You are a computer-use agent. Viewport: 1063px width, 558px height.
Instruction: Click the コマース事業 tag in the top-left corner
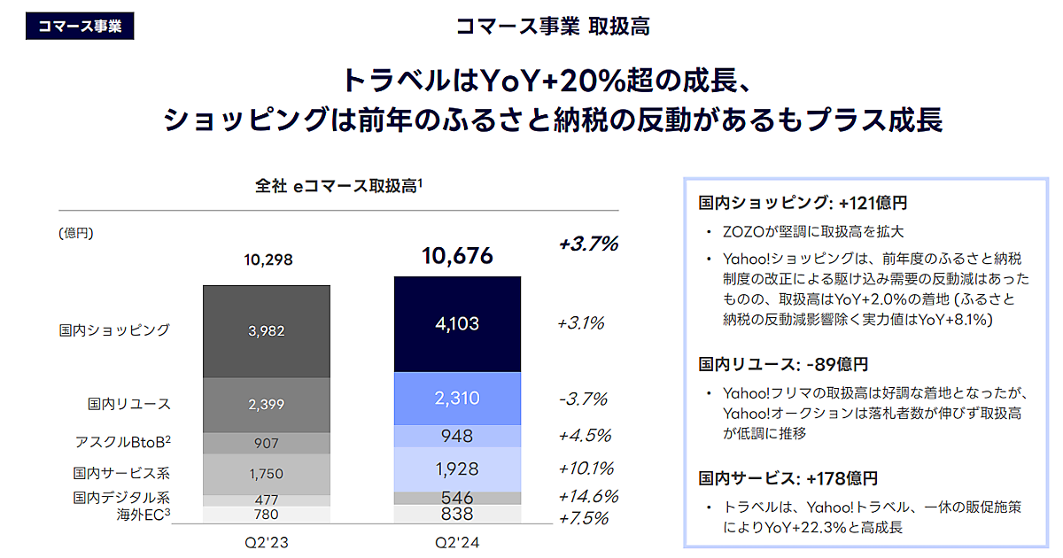point(80,26)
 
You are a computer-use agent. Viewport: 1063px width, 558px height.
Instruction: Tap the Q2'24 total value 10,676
point(457,257)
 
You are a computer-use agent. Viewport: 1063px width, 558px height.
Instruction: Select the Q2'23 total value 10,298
point(267,260)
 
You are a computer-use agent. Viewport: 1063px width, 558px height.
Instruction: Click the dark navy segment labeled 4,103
point(457,323)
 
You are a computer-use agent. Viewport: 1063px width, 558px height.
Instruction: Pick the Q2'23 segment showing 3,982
point(267,330)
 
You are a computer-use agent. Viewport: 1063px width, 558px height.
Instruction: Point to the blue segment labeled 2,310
point(457,399)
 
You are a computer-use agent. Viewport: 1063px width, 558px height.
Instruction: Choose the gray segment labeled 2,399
point(267,404)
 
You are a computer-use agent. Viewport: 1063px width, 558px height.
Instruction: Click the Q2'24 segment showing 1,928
point(457,469)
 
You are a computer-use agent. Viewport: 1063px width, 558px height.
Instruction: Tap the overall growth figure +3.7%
point(588,244)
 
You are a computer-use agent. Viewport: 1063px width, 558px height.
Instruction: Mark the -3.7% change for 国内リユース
point(583,399)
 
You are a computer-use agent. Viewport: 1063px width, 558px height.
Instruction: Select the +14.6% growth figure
point(587,496)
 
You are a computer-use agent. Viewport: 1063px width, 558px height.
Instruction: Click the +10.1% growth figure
point(586,468)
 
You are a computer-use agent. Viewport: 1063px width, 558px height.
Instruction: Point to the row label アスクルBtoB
point(122,441)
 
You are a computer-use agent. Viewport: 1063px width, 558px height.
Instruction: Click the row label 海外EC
point(142,515)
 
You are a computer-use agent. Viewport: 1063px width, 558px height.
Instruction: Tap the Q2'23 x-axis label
point(267,540)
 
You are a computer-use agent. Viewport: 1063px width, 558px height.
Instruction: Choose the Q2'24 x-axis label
point(457,540)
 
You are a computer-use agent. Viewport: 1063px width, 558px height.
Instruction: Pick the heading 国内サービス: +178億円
point(788,478)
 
